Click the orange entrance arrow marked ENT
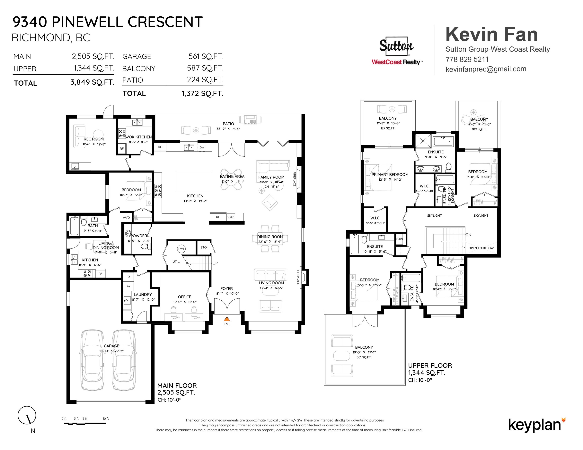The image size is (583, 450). [x=227, y=319]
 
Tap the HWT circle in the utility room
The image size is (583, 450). [x=181, y=249]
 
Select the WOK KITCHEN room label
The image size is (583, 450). [x=138, y=137]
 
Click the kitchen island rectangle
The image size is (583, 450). [x=194, y=182]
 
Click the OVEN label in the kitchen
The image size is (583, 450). [x=231, y=217]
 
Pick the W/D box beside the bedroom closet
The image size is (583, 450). [x=126, y=218]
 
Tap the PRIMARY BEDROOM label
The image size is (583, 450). [x=390, y=175]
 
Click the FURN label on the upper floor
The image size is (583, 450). [x=399, y=239]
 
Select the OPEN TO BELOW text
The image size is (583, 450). [x=481, y=248]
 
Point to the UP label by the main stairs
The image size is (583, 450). [x=215, y=263]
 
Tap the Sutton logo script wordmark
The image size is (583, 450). [x=396, y=46]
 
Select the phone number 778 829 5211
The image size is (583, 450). [x=467, y=59]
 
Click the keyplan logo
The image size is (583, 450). [x=537, y=425]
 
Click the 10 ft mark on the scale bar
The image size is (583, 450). [x=106, y=419]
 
